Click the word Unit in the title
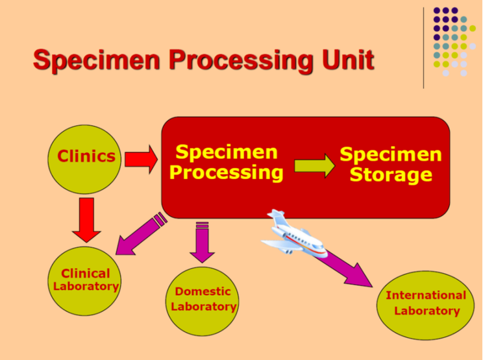coord(348,59)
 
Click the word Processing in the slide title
coord(241,62)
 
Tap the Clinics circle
coord(84,159)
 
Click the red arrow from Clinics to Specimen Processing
coord(142,159)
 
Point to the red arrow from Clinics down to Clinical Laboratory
coord(86,220)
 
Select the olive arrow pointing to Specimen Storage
coord(315,166)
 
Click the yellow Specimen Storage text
coord(391,165)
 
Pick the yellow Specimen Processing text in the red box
coord(227,162)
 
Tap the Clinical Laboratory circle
coord(84,281)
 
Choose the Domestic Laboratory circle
coord(203,301)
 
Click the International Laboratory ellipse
coord(425,306)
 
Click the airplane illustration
coord(294,234)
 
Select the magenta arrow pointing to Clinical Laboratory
coord(141,234)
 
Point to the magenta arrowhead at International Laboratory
coord(360,276)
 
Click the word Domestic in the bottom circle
coord(203,291)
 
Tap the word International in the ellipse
coord(426,295)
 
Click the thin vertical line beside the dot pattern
coord(423,48)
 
